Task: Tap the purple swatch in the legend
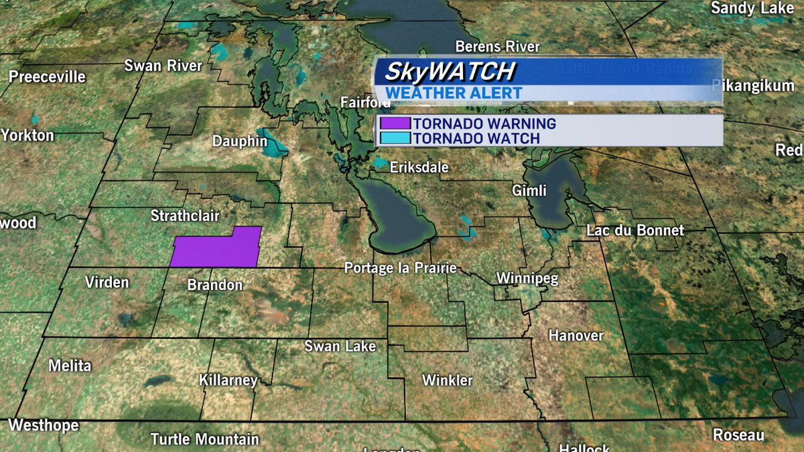click(x=395, y=124)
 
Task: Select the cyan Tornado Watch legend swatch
click(x=395, y=139)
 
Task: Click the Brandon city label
click(x=214, y=285)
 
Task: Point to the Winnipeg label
click(x=527, y=278)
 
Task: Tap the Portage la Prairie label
click(x=400, y=268)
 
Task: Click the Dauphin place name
click(x=240, y=141)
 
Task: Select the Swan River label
click(x=163, y=66)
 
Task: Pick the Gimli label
click(x=529, y=190)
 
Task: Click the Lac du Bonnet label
click(x=635, y=230)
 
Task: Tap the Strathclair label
click(x=185, y=216)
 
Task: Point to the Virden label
click(x=107, y=282)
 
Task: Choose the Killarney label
click(x=228, y=380)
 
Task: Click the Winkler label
click(x=448, y=380)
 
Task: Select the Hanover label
click(x=576, y=335)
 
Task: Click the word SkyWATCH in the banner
click(x=447, y=71)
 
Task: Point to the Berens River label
click(x=497, y=47)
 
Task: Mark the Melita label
click(x=70, y=366)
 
